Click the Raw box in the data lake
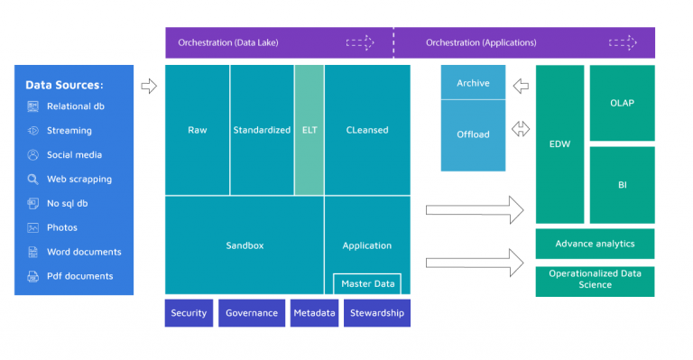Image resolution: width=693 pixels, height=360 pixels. click(x=197, y=130)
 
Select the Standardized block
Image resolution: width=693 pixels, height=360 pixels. click(x=262, y=130)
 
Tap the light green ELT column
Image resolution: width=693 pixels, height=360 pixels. click(x=309, y=130)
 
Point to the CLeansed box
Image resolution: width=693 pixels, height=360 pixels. click(x=367, y=130)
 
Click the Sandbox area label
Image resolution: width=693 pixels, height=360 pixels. click(x=244, y=245)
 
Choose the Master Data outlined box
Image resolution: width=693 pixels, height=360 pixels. click(x=367, y=284)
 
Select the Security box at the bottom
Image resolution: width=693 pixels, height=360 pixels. click(x=189, y=313)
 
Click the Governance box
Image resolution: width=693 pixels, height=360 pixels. click(x=252, y=313)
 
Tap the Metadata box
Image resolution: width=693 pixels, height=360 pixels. click(x=314, y=313)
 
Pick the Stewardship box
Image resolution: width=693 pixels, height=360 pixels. click(x=376, y=313)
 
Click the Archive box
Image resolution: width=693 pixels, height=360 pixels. click(x=473, y=83)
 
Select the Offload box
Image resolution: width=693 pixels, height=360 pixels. click(x=473, y=134)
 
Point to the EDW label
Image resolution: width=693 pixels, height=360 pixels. click(x=559, y=143)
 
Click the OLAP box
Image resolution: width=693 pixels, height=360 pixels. click(x=622, y=103)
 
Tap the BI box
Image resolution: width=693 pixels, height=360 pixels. click(x=622, y=185)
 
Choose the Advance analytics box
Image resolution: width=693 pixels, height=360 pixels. click(x=595, y=244)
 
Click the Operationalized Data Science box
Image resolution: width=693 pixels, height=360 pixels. click(x=595, y=280)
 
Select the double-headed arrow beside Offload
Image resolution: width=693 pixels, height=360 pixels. click(x=521, y=130)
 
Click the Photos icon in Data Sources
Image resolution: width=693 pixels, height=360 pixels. click(x=33, y=228)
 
